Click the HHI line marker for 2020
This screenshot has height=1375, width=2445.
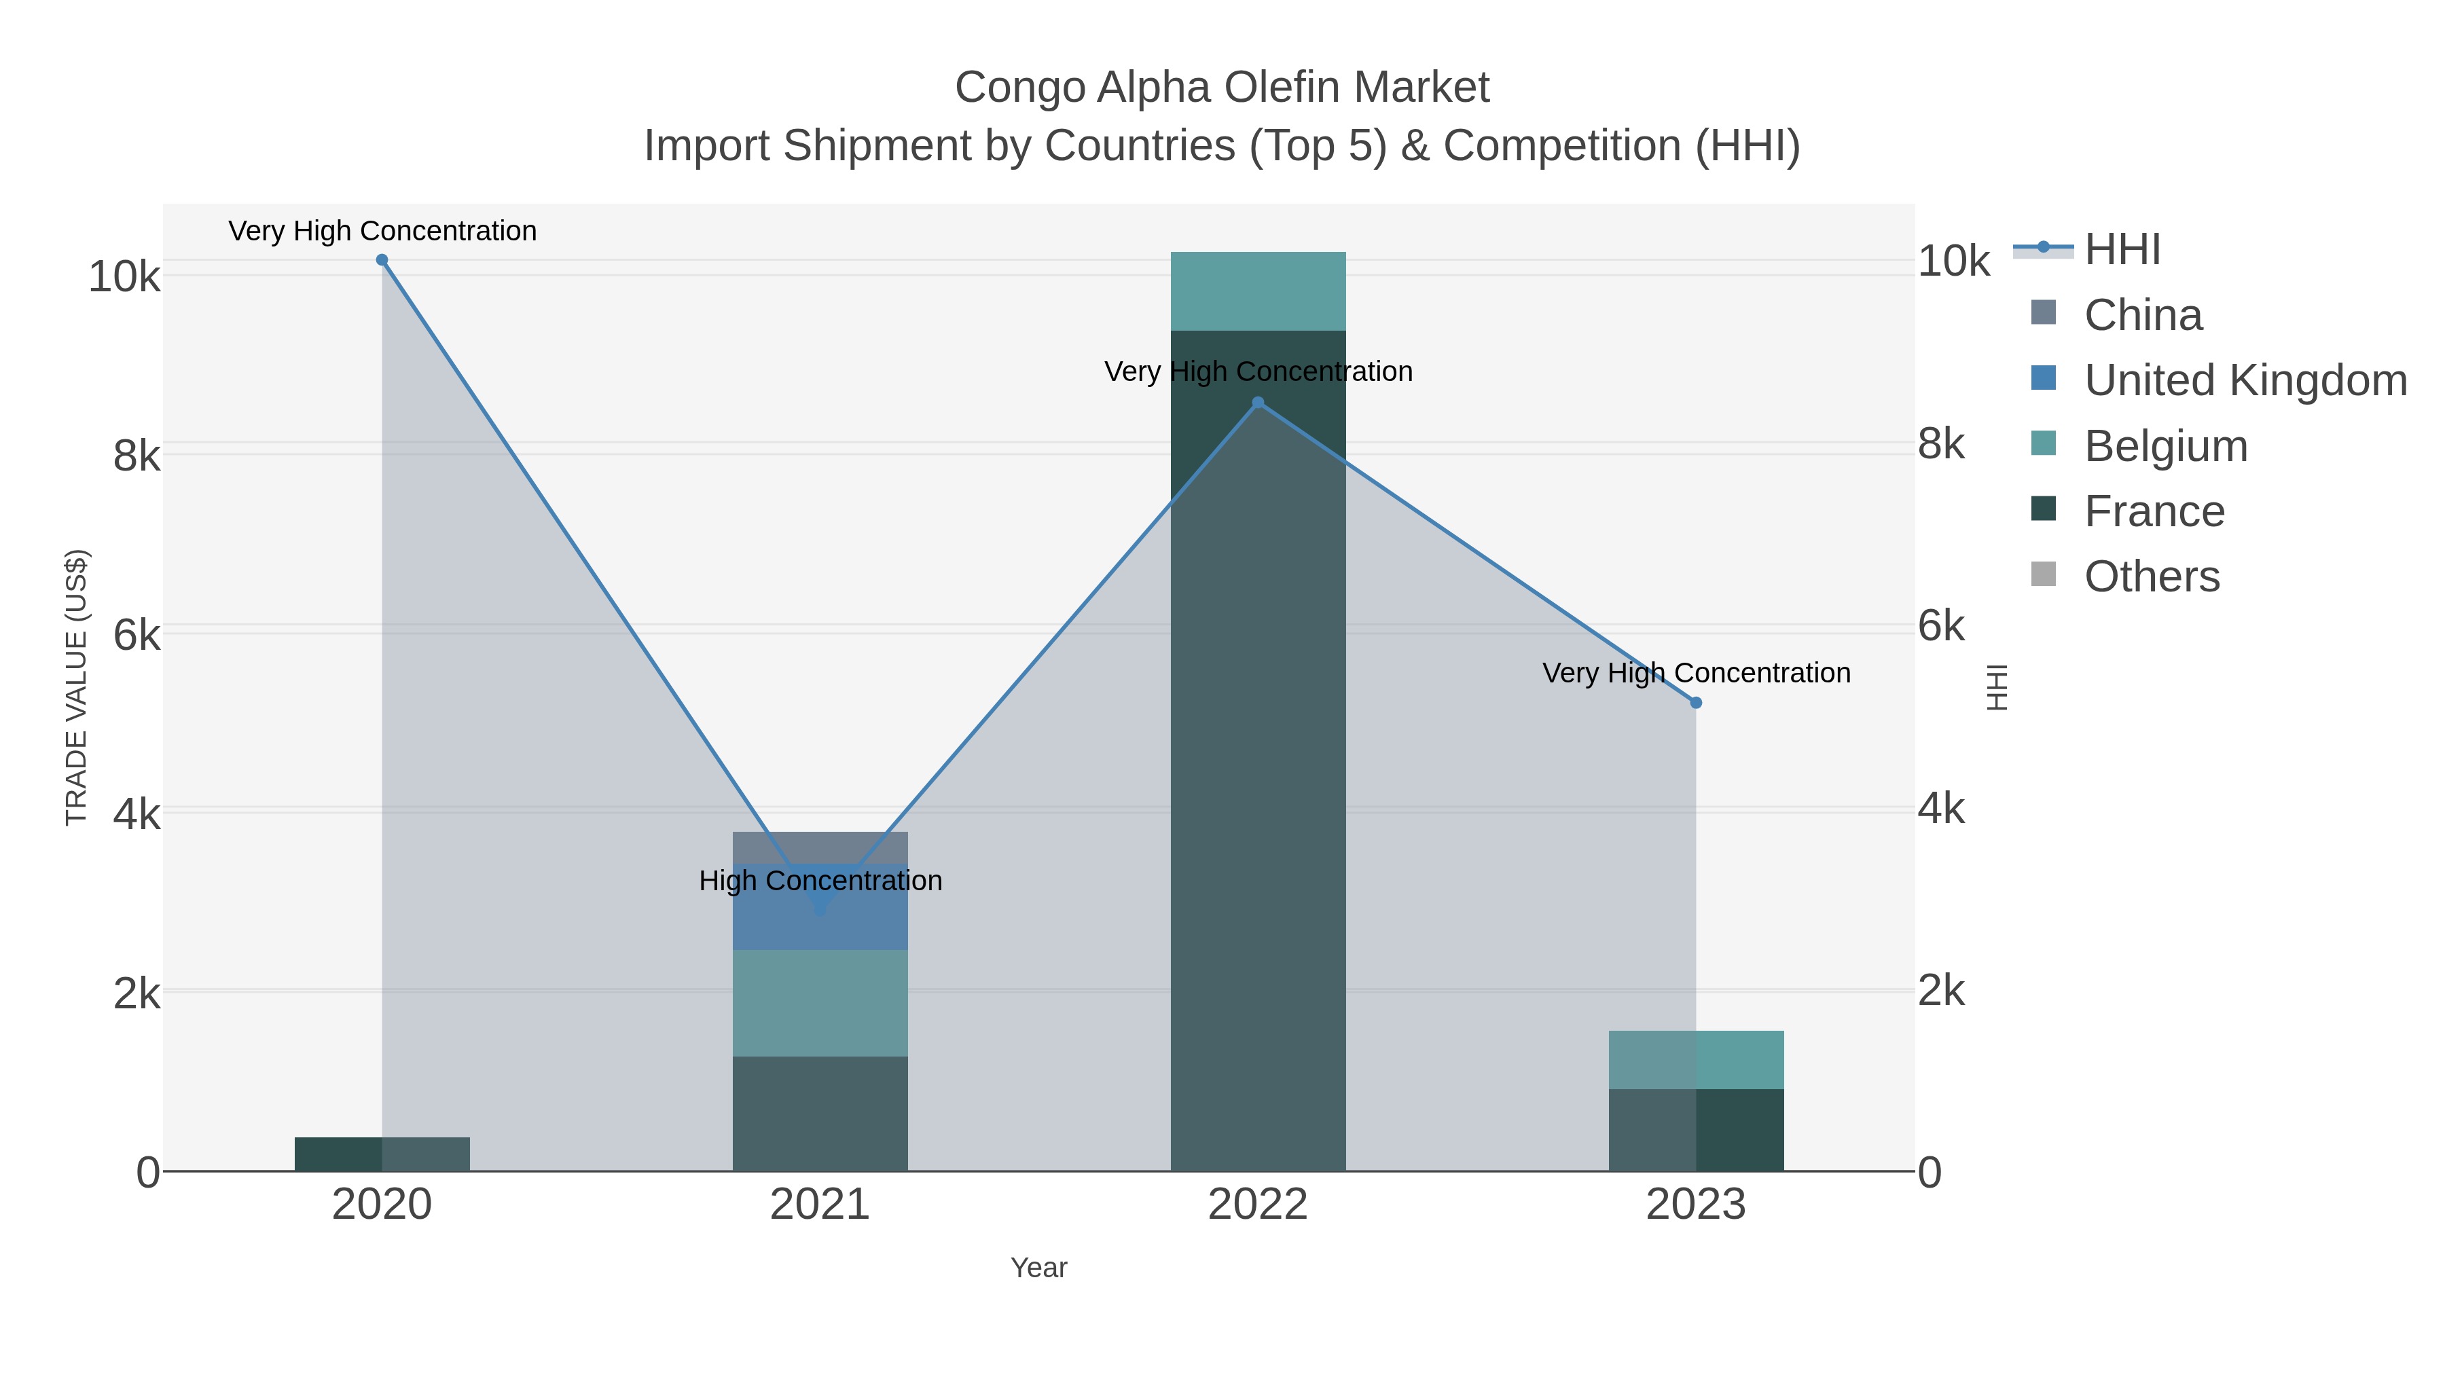[382, 260]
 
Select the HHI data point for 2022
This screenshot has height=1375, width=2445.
[1258, 403]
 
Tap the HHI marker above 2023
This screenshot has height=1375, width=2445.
[1696, 703]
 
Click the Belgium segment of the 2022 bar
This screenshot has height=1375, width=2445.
[1258, 291]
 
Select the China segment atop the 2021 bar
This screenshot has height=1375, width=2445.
[820, 847]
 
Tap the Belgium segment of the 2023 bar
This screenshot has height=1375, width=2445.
[1696, 1060]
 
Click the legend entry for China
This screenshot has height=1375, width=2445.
[2142, 315]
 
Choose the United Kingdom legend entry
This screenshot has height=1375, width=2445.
[2245, 380]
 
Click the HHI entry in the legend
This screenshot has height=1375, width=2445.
[2122, 250]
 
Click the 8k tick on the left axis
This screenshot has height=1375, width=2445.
[137, 456]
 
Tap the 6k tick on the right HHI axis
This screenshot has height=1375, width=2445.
[1941, 626]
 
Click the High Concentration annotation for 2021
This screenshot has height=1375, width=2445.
[820, 881]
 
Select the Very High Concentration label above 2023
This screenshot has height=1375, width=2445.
[1696, 673]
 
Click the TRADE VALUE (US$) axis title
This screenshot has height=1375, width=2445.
[76, 687]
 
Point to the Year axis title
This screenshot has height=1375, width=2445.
[1038, 1268]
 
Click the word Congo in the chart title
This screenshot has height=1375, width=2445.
[1019, 88]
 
